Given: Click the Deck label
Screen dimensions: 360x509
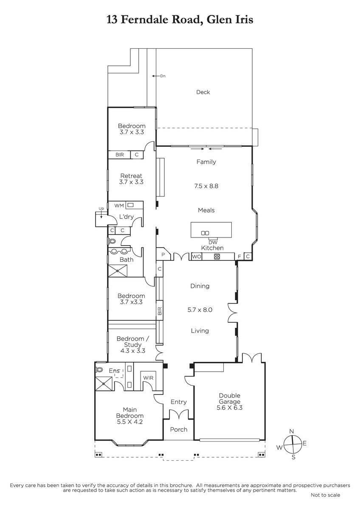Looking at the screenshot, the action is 203,92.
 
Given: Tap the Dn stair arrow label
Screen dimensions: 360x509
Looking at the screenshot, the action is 163,76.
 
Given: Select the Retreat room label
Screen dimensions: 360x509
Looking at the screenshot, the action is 131,176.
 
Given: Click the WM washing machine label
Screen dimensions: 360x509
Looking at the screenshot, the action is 119,205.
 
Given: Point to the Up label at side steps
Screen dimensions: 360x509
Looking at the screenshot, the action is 101,208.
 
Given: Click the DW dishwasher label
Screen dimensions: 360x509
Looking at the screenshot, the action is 213,243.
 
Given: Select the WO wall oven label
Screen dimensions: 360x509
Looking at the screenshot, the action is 197,257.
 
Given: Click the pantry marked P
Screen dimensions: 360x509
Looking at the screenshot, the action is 163,255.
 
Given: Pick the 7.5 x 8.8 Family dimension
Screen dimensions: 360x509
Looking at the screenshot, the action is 206,186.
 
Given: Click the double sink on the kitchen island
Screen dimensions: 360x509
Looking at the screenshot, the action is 205,233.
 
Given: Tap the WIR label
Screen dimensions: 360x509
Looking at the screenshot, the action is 148,378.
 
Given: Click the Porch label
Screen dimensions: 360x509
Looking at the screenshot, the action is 179,429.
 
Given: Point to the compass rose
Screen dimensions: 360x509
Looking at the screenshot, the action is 293,444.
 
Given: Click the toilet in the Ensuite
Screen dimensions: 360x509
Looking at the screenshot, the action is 99,370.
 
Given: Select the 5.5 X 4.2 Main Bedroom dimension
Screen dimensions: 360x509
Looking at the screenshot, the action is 130,422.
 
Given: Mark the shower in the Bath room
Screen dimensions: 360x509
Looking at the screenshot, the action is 117,271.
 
